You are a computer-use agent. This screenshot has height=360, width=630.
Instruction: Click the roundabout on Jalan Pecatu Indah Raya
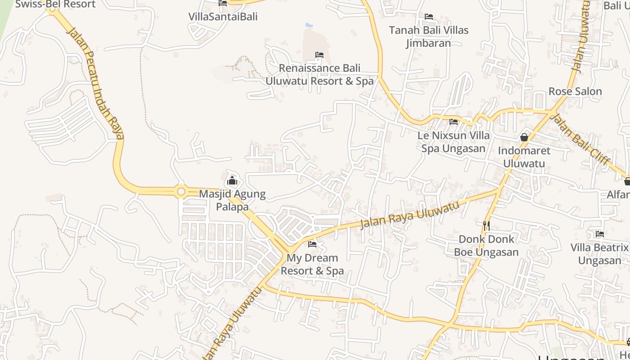[181, 192]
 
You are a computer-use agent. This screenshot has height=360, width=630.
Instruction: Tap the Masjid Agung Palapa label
[232, 201]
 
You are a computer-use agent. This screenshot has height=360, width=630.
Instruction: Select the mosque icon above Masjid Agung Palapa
[232, 181]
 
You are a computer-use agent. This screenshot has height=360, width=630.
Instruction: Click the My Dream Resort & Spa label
[312, 265]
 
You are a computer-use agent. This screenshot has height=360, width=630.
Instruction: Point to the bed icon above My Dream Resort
[312, 244]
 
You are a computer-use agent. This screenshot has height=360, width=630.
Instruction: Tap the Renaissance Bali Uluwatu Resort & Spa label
[319, 75]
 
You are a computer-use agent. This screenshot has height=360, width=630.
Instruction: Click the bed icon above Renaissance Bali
[319, 55]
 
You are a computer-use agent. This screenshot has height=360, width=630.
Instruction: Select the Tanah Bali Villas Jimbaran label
[428, 37]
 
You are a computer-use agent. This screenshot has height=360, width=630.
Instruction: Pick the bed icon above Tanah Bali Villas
[429, 17]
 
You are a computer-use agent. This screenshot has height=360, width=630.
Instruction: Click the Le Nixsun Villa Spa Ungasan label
[454, 142]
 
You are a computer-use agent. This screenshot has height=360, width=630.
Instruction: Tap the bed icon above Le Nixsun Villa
[454, 121]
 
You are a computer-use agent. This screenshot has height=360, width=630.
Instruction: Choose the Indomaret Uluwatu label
[524, 157]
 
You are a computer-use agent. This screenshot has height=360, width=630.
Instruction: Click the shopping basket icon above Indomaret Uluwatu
[524, 137]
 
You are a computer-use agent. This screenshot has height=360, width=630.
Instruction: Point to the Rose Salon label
[575, 91]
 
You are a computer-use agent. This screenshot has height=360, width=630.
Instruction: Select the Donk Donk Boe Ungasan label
[486, 246]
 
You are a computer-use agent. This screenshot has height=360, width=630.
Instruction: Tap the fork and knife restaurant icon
[486, 225]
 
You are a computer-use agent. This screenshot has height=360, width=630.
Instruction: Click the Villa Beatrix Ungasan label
[599, 254]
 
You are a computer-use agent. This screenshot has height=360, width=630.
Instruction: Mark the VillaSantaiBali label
[223, 17]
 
